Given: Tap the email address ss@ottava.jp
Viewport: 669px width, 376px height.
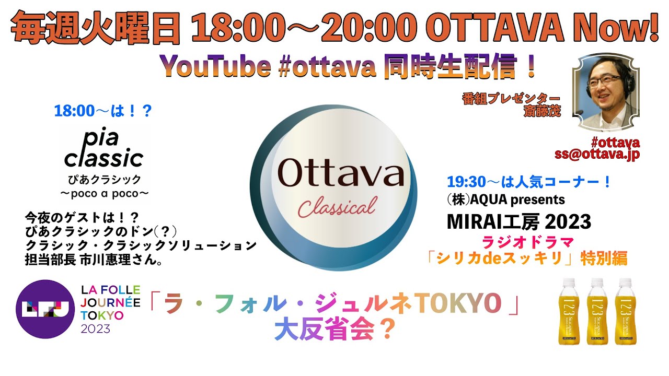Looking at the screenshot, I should coord(597,155).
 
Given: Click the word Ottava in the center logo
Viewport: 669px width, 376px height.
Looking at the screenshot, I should coord(341,173).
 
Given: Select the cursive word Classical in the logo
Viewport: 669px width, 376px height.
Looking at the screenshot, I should coord(337,207).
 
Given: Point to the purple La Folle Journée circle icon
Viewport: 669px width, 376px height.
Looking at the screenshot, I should coord(44,309).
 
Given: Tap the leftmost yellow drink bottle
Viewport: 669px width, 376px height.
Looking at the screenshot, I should coord(569,311).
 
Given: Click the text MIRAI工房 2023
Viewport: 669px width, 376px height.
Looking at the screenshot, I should coord(518,222).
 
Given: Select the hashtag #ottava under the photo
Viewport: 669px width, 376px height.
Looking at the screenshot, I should coord(615,142).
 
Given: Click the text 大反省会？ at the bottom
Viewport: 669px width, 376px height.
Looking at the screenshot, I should coord(334,330).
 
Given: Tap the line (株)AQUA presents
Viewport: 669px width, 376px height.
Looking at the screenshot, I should coord(505,199).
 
